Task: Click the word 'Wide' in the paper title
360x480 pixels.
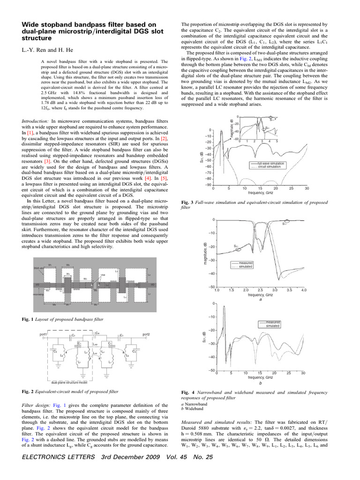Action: (31, 24)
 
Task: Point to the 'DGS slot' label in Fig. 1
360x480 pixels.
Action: (39, 268)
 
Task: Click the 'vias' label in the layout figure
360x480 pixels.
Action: (103, 275)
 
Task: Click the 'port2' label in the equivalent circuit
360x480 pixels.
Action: (149, 334)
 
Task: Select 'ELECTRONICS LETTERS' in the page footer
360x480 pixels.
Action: (54, 471)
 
